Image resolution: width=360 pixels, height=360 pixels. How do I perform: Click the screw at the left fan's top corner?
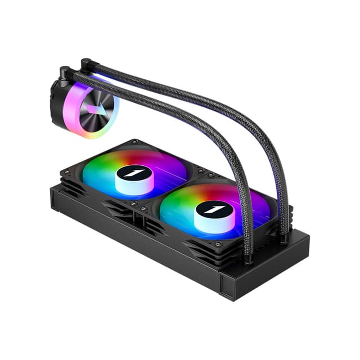[136, 142]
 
